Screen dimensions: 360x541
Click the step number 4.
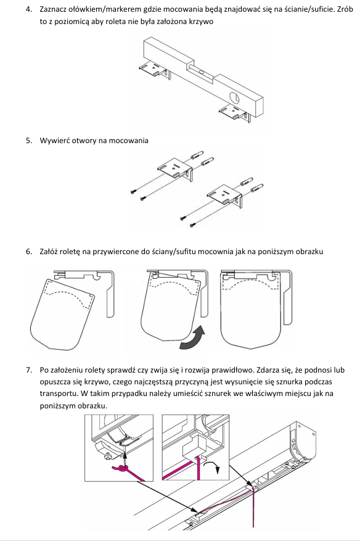coord(28,9)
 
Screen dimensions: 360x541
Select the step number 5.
coord(28,141)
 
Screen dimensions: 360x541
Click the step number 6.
coord(28,252)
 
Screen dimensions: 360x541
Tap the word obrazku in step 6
coord(310,252)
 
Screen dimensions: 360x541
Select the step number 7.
coord(28,370)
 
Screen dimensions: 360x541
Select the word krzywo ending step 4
coord(202,22)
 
